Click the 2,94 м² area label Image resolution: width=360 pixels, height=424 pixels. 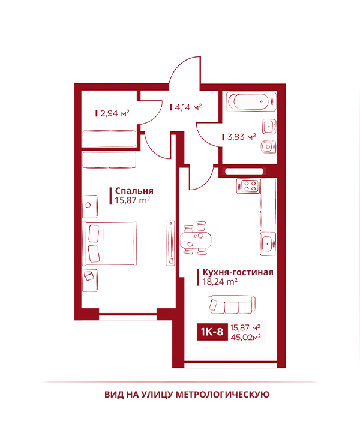click(x=115, y=113)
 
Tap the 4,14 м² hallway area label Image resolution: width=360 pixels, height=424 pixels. click(x=188, y=107)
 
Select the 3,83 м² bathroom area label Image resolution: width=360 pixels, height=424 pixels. click(x=241, y=137)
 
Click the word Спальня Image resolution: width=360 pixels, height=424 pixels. click(x=134, y=191)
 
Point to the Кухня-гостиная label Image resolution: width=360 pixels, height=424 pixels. click(x=238, y=272)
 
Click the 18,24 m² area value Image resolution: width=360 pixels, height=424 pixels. click(x=220, y=282)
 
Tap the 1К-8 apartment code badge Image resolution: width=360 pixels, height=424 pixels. click(x=212, y=332)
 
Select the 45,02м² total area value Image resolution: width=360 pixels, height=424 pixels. click(x=245, y=337)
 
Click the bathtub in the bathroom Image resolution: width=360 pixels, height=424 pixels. click(x=251, y=102)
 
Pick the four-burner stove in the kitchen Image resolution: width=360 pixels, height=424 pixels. click(x=248, y=186)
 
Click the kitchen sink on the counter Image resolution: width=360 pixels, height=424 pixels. click(x=268, y=244)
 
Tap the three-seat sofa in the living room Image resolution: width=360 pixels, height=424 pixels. click(x=231, y=305)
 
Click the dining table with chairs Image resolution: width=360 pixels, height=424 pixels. click(x=196, y=238)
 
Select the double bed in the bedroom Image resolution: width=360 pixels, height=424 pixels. click(x=111, y=243)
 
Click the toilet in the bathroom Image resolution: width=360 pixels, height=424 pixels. click(x=268, y=146)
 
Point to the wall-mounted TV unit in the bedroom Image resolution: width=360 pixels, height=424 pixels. click(x=170, y=243)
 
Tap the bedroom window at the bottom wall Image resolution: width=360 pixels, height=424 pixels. click(x=128, y=314)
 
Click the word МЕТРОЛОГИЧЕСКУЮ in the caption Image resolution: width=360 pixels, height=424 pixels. click(x=223, y=395)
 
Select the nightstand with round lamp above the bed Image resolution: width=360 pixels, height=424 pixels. click(x=90, y=206)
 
